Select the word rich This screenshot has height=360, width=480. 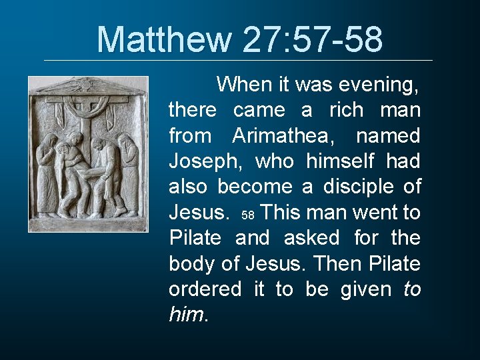[346, 110]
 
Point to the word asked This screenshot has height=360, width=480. [311, 238]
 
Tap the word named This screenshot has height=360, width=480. [388, 136]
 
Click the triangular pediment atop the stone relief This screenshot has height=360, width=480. [88, 86]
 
